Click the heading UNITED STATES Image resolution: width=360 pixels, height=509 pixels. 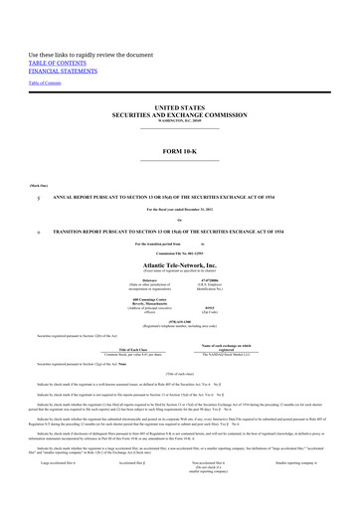(x=180, y=104)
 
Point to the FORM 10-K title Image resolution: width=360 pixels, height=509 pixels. (x=180, y=150)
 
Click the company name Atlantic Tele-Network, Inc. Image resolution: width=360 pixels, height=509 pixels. (x=180, y=265)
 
